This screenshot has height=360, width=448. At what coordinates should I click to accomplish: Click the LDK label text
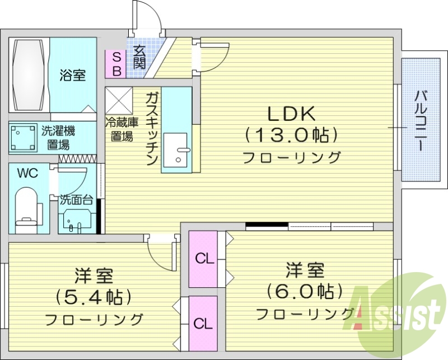(292, 114)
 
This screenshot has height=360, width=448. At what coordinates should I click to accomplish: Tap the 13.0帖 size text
(292, 135)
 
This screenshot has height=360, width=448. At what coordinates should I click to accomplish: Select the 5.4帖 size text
(94, 296)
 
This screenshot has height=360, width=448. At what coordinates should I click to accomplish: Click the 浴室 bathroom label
(73, 76)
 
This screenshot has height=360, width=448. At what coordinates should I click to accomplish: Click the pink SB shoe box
(116, 64)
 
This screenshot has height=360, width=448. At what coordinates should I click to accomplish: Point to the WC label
(27, 174)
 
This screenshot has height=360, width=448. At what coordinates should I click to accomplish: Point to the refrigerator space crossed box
(119, 100)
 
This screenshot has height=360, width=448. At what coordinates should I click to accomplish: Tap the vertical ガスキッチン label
(150, 129)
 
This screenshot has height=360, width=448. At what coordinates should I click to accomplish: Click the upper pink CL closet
(204, 259)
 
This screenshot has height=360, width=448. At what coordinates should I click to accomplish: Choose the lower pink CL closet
(203, 323)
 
